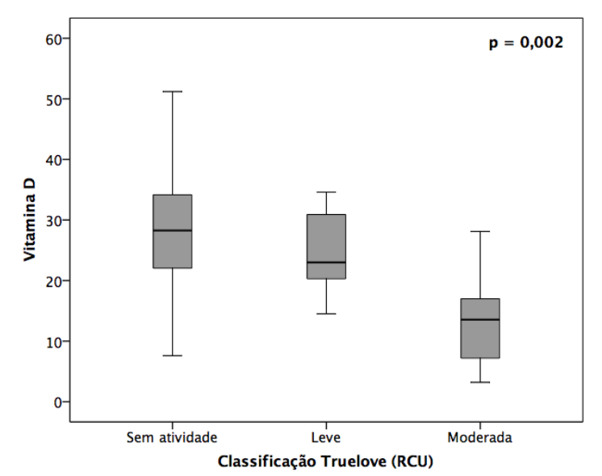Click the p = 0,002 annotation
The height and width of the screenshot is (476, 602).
[x=525, y=43]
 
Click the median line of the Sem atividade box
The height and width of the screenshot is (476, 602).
[x=172, y=230]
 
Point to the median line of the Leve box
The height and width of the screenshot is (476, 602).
[x=326, y=262]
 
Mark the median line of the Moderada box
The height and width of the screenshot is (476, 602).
[x=479, y=319]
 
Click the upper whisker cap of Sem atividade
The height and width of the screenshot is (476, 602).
[x=172, y=91]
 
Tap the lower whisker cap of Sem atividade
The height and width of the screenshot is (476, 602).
[x=172, y=356]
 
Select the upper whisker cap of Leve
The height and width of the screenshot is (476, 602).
[x=326, y=192]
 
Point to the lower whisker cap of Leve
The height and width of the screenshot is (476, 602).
[x=326, y=314]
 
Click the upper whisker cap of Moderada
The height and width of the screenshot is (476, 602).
[x=479, y=232]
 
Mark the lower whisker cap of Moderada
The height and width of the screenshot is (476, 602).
[x=479, y=382]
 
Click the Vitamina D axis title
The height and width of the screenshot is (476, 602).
[x=29, y=220]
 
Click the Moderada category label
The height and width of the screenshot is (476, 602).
[x=479, y=437]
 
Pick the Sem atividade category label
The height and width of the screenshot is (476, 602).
[x=172, y=437]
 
